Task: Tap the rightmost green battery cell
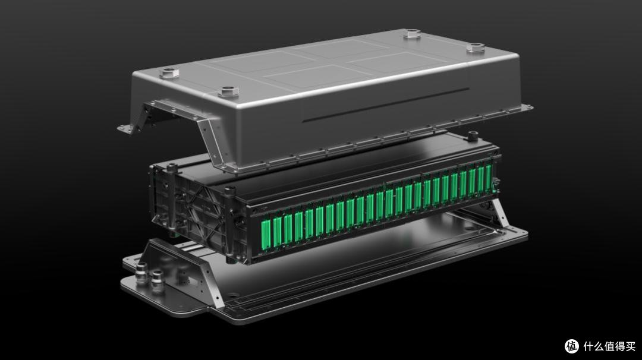[488, 178]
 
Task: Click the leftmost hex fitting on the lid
[169, 73]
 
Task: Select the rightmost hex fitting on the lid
[476, 48]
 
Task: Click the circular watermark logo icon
[572, 346]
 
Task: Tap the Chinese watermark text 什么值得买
[609, 346]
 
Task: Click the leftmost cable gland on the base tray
[141, 273]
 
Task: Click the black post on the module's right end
[473, 136]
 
